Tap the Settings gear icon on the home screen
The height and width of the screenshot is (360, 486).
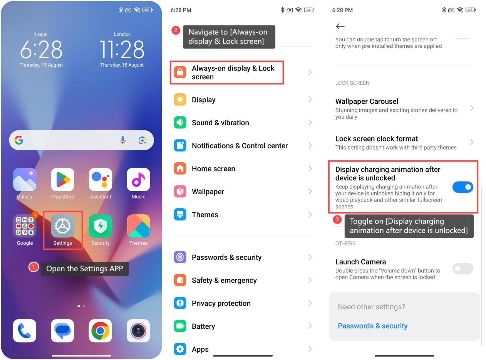tap(62, 226)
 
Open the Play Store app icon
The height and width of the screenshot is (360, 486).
tap(62, 180)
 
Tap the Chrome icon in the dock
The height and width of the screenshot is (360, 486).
tap(101, 331)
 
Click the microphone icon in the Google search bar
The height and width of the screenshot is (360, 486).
tap(123, 140)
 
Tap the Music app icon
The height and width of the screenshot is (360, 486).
tap(138, 180)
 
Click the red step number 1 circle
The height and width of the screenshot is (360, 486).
tap(34, 267)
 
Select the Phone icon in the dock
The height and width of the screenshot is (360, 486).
tap(25, 331)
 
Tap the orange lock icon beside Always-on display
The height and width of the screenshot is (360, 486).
tap(180, 72)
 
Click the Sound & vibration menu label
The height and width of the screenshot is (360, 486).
tap(220, 123)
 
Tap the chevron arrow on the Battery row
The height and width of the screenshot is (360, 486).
tap(310, 326)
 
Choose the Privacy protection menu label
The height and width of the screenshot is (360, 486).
tap(221, 303)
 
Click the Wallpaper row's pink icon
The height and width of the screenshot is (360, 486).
tap(180, 192)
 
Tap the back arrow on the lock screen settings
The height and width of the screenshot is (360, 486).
tap(340, 26)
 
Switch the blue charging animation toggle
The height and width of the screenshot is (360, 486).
tap(463, 187)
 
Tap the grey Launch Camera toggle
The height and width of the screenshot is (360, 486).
tap(463, 268)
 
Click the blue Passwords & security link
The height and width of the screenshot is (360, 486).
tap(372, 326)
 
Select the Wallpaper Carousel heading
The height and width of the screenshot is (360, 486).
tap(367, 101)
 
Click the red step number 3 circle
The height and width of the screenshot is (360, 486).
tap(337, 219)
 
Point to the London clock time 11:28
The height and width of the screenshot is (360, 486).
tap(122, 49)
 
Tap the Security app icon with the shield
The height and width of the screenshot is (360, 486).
tap(101, 226)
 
